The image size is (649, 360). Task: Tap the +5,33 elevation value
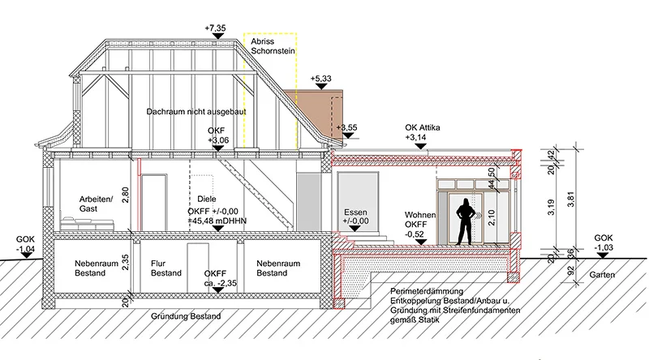(321, 79)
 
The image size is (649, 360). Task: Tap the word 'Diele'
(208, 199)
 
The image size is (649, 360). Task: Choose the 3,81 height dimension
(573, 207)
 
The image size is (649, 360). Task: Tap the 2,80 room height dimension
(124, 195)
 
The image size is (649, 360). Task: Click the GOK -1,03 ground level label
(604, 244)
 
